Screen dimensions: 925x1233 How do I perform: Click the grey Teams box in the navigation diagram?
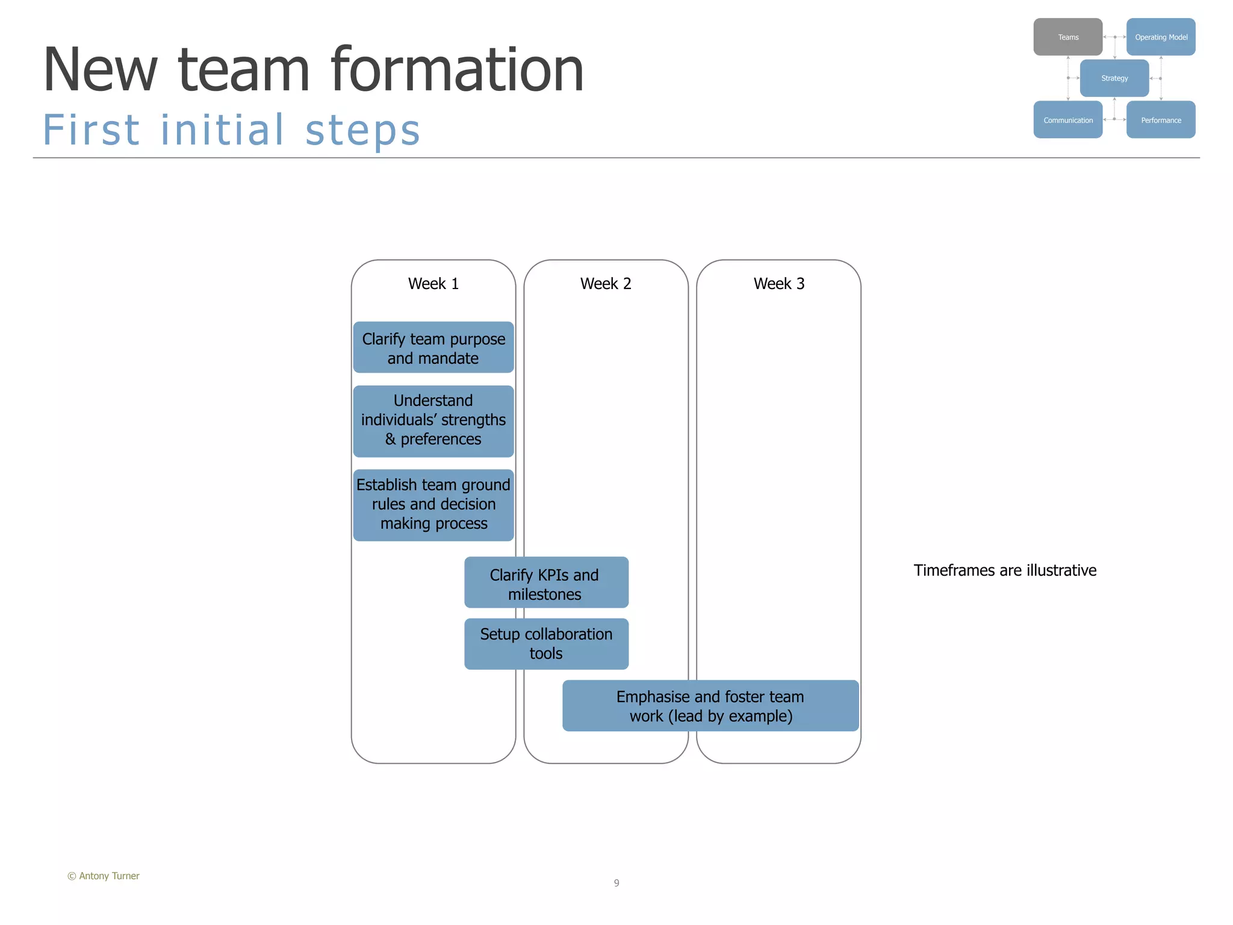coord(1067,37)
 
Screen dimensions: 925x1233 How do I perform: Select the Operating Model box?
coord(1160,37)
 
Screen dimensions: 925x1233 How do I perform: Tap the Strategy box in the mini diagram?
coord(1114,78)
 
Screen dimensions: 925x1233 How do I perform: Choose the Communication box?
coord(1067,120)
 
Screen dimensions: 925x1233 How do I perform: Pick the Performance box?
coord(1160,120)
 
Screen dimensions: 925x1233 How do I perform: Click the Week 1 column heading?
coord(433,284)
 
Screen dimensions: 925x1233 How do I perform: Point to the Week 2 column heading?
coord(606,284)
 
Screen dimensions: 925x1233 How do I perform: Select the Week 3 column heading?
coord(778,284)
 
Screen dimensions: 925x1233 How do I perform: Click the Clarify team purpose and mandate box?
coord(433,347)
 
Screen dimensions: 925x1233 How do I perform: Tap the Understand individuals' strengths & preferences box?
coord(433,420)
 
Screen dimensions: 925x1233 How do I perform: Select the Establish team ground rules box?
coord(433,505)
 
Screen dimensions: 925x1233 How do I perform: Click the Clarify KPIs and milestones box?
coord(546,583)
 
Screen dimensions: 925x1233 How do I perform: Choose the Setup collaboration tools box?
coord(546,644)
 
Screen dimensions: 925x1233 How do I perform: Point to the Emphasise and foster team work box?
coord(710,706)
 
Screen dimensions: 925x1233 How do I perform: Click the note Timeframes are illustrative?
coord(1004,570)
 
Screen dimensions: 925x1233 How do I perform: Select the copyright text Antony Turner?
coord(104,876)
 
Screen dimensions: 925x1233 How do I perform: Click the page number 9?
coord(616,883)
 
